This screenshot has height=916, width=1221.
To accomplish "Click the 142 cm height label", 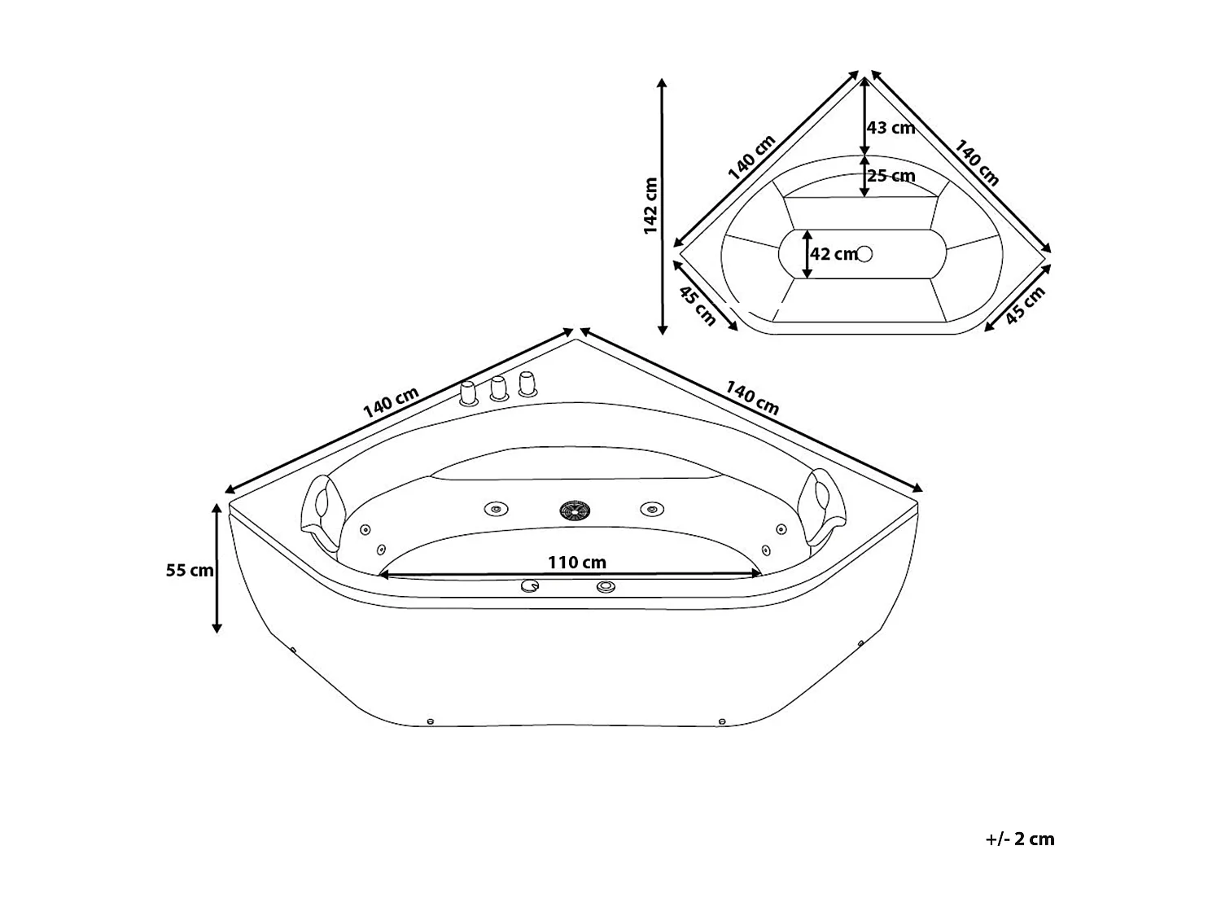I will [x=650, y=206].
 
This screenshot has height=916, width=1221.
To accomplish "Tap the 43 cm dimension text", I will [x=891, y=128].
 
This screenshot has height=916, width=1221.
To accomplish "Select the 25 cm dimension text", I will [x=891, y=176].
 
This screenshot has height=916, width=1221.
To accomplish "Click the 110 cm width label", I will [x=576, y=562].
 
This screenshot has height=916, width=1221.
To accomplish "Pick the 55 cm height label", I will [x=190, y=570].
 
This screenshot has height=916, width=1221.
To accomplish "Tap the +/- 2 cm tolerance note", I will [x=1019, y=839].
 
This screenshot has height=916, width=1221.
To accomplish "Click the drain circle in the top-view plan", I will [x=864, y=254].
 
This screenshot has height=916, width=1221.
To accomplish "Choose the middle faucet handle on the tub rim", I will [x=498, y=388].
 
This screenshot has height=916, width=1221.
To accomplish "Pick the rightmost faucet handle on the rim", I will [x=527, y=384].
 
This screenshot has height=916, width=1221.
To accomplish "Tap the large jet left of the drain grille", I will [x=496, y=509].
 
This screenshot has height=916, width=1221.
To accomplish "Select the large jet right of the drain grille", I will [x=650, y=509].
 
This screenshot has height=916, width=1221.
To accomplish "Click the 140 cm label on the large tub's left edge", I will [x=391, y=401].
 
